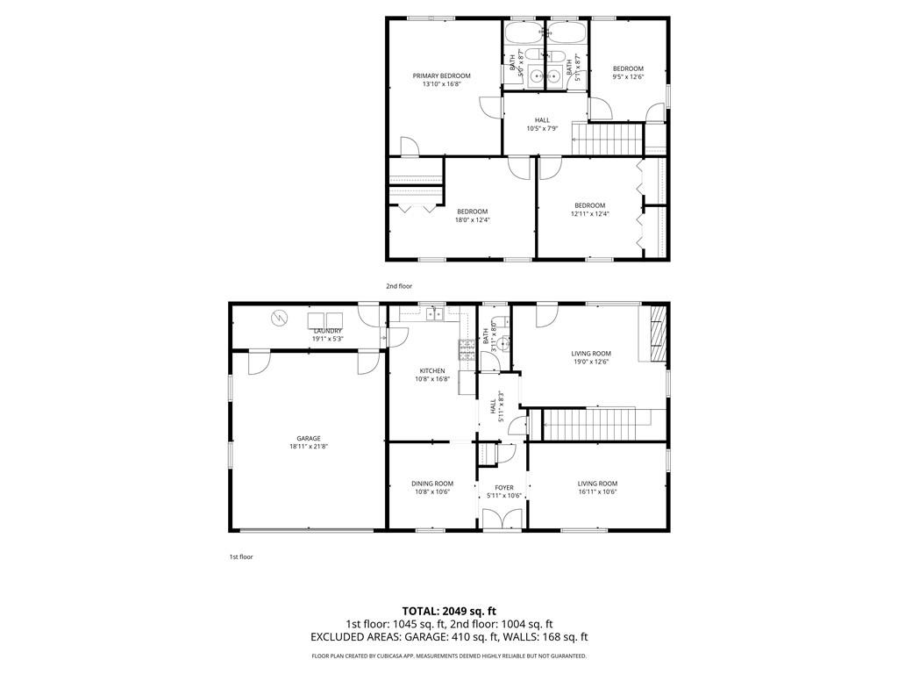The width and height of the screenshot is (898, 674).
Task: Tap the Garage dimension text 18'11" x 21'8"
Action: point(308,447)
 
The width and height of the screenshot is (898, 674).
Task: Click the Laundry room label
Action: point(327,331)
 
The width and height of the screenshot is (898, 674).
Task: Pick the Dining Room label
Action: point(432,484)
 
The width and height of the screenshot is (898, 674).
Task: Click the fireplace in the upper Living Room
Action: point(656,333)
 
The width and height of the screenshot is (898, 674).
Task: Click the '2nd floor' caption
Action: point(399,286)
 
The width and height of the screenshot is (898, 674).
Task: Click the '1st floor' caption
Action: point(241,556)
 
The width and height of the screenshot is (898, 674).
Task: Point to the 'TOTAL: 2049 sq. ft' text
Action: point(449,611)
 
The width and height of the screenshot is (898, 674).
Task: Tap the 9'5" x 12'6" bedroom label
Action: point(628,69)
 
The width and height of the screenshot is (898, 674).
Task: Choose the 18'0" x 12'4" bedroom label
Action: point(472,212)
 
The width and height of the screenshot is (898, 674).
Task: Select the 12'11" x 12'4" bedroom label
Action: point(589,205)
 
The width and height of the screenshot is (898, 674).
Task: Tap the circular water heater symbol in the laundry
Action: point(280,318)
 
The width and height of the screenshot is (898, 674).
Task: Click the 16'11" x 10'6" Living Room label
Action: point(597,484)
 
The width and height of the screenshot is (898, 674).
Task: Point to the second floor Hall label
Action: point(542,120)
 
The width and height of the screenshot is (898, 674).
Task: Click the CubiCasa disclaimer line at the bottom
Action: point(449,656)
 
